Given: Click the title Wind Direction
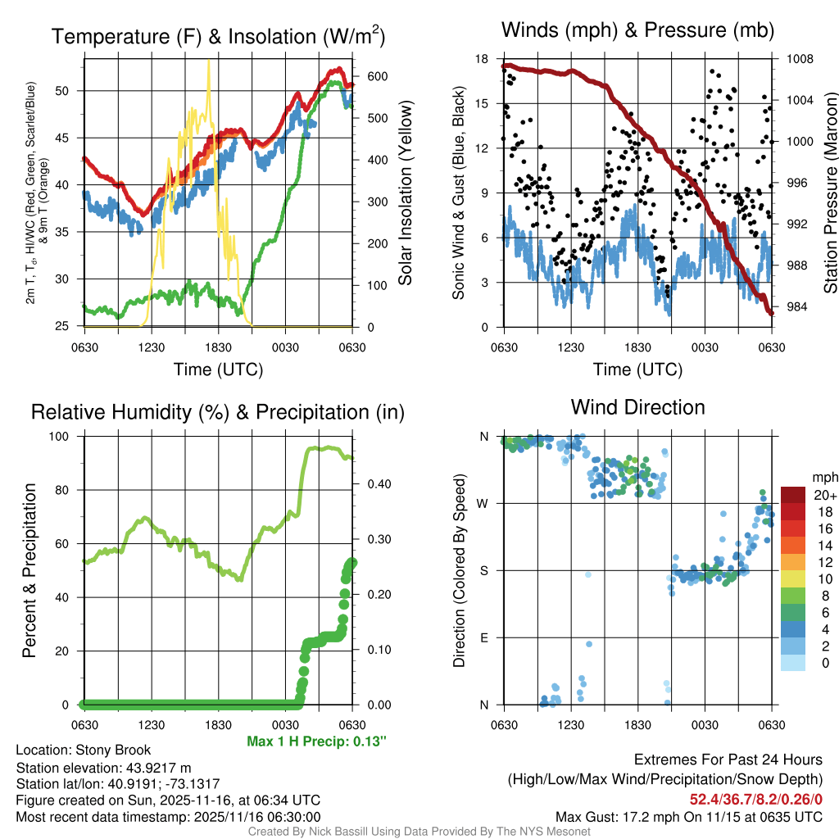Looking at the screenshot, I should tap(637, 407).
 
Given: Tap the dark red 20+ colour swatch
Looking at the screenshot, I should tap(792, 495).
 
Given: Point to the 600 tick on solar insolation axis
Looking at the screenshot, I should tap(365, 76).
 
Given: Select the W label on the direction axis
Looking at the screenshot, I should tap(483, 503).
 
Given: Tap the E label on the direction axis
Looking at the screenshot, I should tap(484, 637).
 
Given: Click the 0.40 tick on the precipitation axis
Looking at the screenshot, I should tap(371, 484).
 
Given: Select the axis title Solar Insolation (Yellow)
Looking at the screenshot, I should tap(406, 193).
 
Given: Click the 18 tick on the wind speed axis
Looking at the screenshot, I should tap(483, 59).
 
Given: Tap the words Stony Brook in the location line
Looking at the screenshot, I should tap(113, 750).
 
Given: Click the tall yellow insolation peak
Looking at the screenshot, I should tap(209, 62).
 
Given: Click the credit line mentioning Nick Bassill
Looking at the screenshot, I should tap(419, 832).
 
